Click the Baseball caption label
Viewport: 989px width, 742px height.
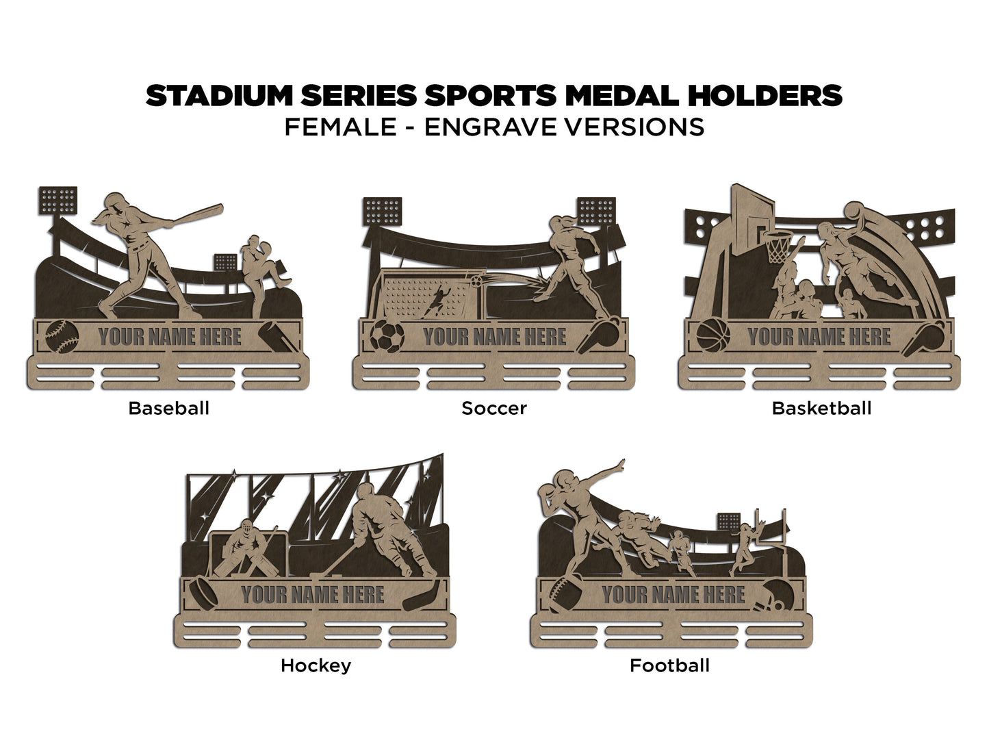click(168, 409)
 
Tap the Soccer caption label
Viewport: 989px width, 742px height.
click(493, 409)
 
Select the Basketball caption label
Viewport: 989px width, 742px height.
click(821, 409)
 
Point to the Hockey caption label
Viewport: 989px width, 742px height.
click(316, 665)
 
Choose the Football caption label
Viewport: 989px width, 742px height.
click(669, 665)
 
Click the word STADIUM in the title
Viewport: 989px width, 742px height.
click(218, 97)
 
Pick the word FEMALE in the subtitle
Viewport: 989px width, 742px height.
click(340, 127)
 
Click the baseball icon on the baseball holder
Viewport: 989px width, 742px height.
click(62, 336)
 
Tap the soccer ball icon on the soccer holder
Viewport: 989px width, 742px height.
click(387, 337)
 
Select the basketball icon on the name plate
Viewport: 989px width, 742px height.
click(713, 336)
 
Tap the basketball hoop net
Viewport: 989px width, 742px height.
click(777, 248)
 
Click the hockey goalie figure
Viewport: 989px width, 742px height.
click(243, 548)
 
